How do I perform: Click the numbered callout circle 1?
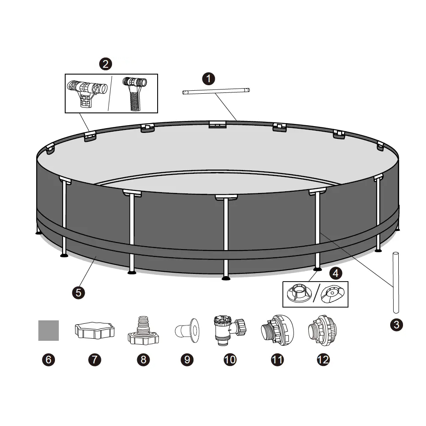(x=208, y=79)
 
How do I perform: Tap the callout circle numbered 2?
(x=105, y=64)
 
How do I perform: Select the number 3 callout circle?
(x=396, y=325)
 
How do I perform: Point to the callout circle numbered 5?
(x=78, y=293)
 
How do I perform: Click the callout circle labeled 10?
(x=230, y=360)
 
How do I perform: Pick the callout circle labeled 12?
(x=323, y=360)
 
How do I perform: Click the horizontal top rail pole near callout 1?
(x=216, y=91)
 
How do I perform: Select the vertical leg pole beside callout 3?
(x=396, y=282)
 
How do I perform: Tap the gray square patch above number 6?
(x=49, y=331)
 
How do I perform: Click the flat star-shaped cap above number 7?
(x=95, y=331)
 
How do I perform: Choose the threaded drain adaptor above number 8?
(x=143, y=331)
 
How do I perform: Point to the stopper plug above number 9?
(x=187, y=331)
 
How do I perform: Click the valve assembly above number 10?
(x=230, y=330)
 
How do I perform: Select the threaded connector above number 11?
(x=277, y=330)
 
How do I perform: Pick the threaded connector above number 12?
(x=322, y=331)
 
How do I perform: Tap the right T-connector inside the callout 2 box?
(x=135, y=94)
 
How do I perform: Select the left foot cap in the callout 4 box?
(x=299, y=294)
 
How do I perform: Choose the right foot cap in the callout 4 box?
(x=333, y=294)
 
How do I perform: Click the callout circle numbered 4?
(x=336, y=273)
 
